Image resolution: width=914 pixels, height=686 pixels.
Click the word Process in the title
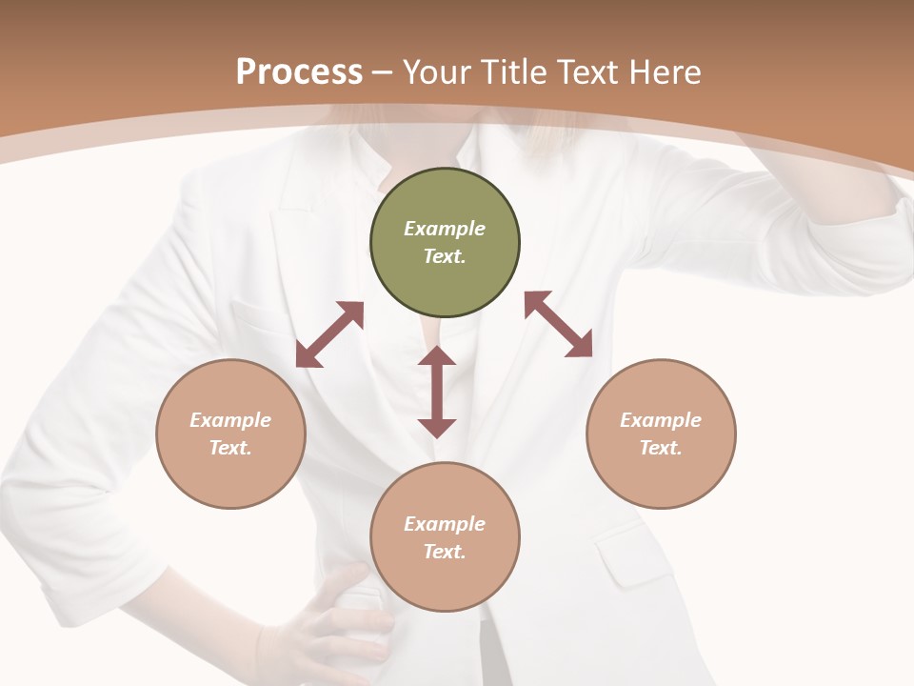[x=299, y=72]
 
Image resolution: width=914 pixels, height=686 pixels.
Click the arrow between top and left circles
[x=329, y=334]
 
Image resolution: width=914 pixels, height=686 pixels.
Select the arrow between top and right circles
[x=558, y=324]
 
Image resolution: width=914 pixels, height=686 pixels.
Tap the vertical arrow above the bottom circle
[x=437, y=392]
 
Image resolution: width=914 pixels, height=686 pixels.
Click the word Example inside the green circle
[x=445, y=229]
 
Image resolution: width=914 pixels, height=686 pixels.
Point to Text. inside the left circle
[x=230, y=448]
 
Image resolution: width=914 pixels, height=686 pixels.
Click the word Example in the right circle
[x=661, y=420]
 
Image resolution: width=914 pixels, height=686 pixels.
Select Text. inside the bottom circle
[x=445, y=552]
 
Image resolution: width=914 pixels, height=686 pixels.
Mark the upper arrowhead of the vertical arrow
[x=437, y=358]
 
